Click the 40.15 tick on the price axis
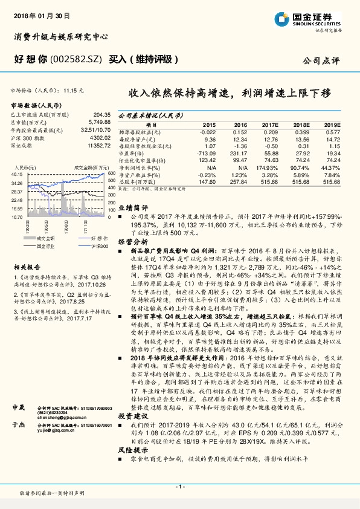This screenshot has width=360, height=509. [x=18, y=174]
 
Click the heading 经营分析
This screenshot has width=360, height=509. [x=131, y=241]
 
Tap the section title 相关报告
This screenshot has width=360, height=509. [x=27, y=266]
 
